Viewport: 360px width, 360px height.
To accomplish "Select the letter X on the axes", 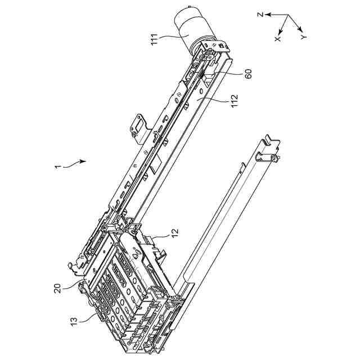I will pyautogui.click(x=277, y=38).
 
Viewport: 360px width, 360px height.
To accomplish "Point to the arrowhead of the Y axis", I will pyautogui.click(x=303, y=29).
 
